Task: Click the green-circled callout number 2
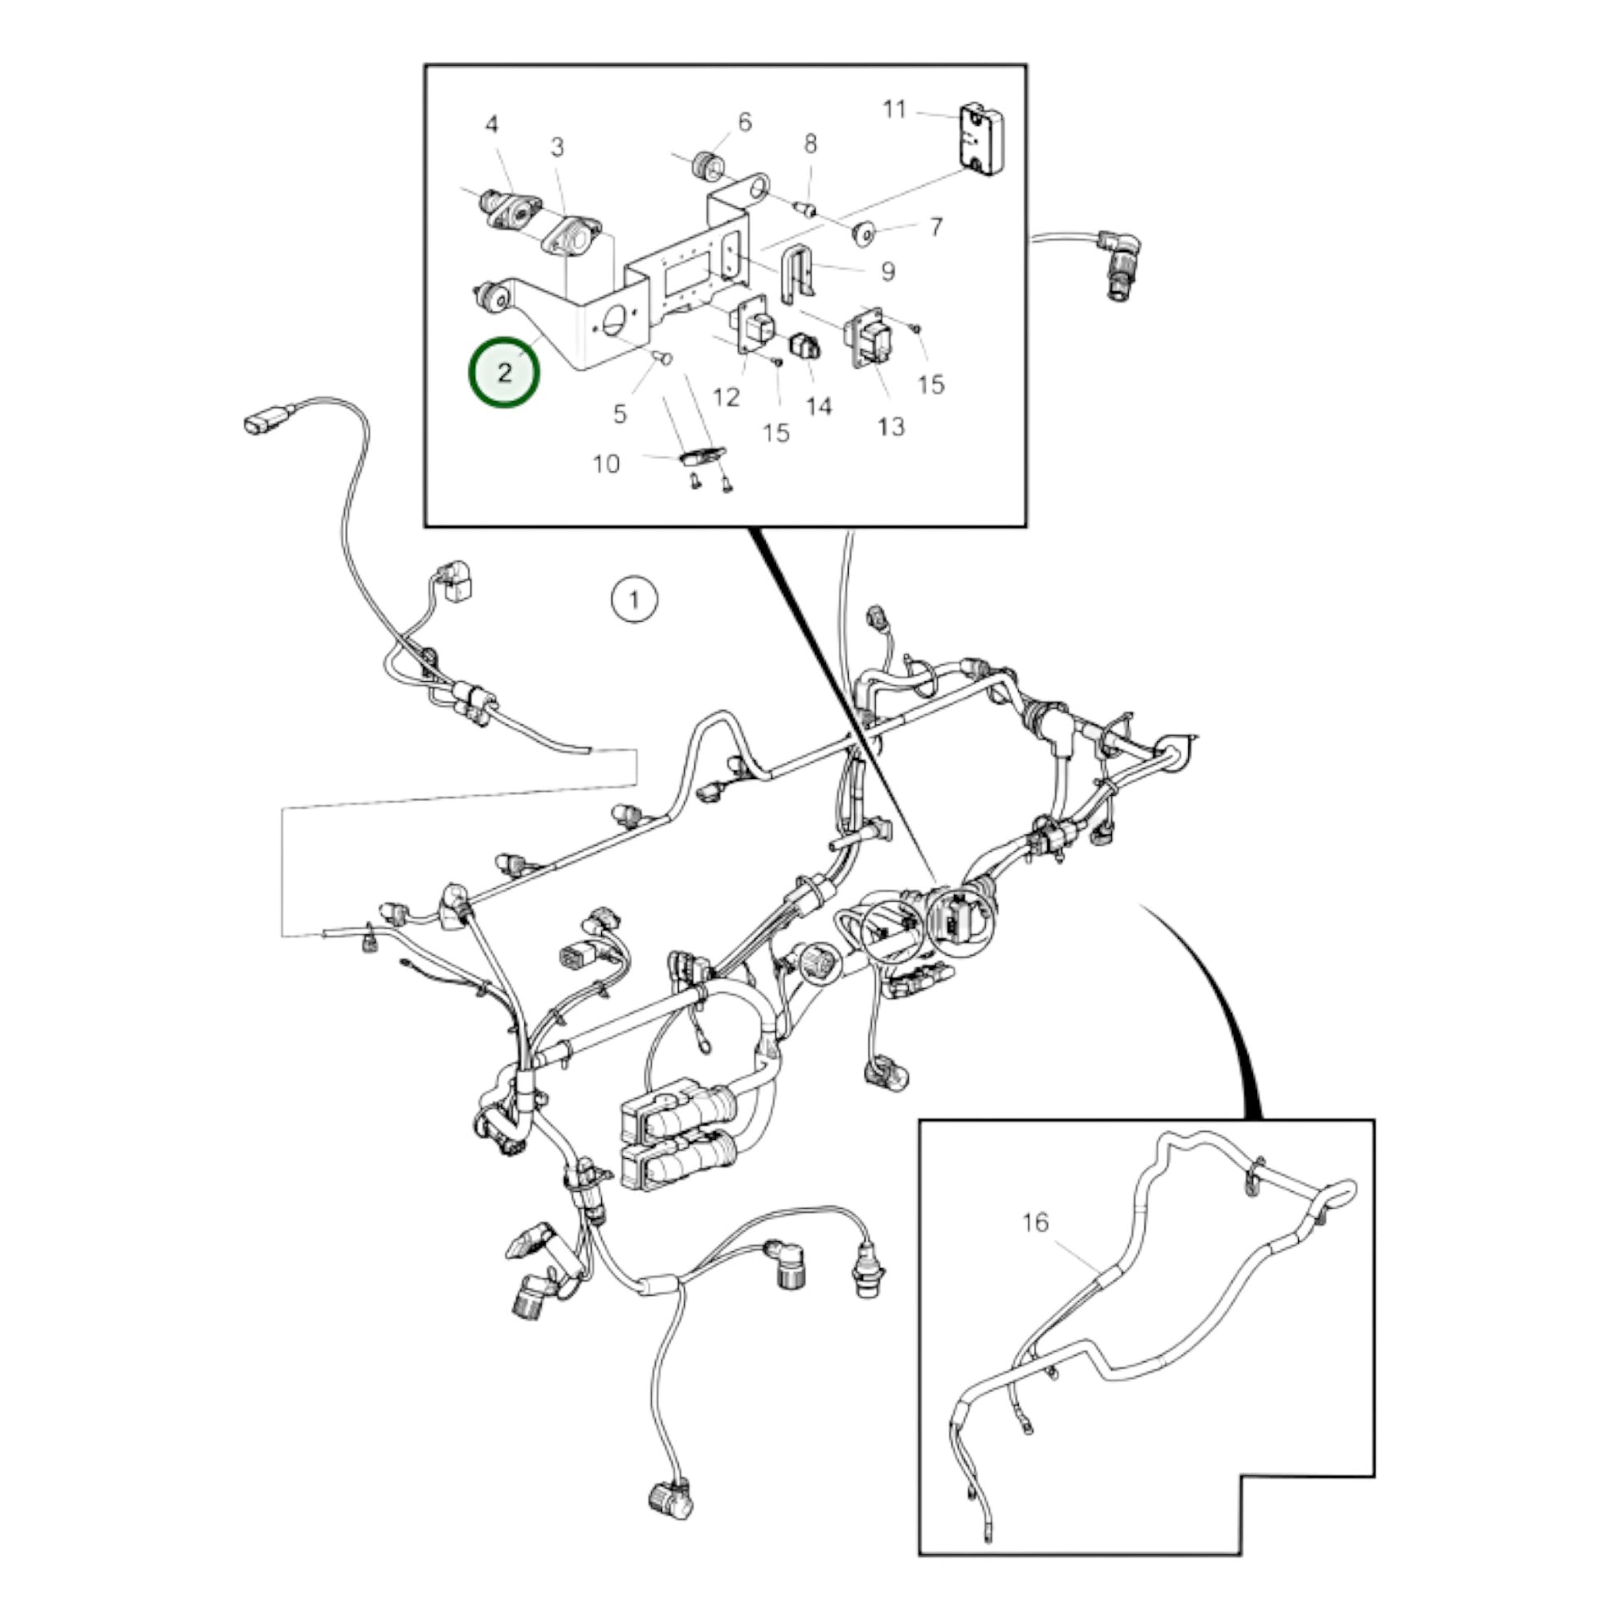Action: point(504,373)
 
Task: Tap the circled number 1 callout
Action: point(634,600)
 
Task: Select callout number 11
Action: point(895,110)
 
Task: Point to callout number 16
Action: point(1036,1222)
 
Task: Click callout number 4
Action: point(491,125)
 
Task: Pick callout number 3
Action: point(558,147)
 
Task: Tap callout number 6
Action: point(744,122)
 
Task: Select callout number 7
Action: point(936,226)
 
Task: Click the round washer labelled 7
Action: point(863,233)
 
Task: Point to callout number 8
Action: point(810,144)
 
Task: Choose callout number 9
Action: point(887,271)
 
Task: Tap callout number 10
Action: point(606,464)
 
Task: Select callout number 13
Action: point(892,427)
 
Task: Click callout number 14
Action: point(819,407)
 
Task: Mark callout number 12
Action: point(726,397)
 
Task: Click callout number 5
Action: point(619,414)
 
